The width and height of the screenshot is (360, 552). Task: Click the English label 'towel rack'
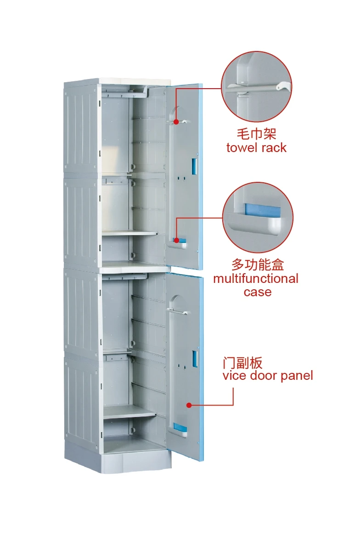click(256, 148)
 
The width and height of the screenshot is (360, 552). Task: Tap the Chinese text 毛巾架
click(256, 134)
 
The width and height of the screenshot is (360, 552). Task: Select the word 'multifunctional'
click(256, 279)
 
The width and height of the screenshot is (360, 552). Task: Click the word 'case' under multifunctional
click(258, 292)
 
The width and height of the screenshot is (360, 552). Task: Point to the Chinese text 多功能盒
click(258, 265)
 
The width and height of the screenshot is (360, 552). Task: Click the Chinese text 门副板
click(242, 363)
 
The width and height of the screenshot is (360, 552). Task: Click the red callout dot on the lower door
click(189, 405)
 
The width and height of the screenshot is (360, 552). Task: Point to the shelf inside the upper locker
click(129, 233)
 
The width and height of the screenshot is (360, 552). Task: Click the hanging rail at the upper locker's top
click(124, 91)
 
